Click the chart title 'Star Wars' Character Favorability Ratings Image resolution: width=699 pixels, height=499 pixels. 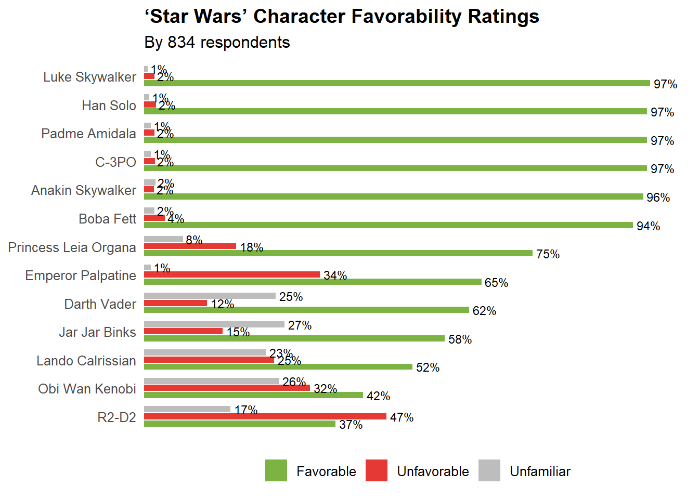pyautogui.click(x=342, y=17)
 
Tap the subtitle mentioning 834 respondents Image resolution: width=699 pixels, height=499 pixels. pyautogui.click(x=217, y=43)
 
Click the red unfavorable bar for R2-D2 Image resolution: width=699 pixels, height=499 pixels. pyautogui.click(x=265, y=416)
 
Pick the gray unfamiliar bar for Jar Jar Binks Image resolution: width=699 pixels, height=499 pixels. pyautogui.click(x=214, y=324)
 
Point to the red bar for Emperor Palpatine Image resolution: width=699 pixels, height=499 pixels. pyautogui.click(x=232, y=274)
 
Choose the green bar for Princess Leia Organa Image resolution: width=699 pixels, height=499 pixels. pyautogui.click(x=338, y=253)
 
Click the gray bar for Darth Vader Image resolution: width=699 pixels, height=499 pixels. pyautogui.click(x=210, y=296)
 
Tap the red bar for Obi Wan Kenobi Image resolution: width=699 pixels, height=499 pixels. pyautogui.click(x=227, y=388)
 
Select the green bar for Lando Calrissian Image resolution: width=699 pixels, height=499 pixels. pyautogui.click(x=278, y=367)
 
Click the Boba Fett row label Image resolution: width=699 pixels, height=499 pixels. pyautogui.click(x=107, y=219)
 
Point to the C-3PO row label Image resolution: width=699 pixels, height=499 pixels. pyautogui.click(x=115, y=162)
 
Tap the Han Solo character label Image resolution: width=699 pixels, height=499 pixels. pyautogui.click(x=109, y=106)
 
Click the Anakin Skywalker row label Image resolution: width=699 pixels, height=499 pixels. pyautogui.click(x=84, y=190)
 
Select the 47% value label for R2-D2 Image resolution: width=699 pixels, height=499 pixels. pyautogui.click(x=402, y=417)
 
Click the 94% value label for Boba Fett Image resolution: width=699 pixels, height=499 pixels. pyautogui.click(x=648, y=226)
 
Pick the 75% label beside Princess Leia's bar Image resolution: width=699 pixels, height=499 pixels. pyautogui.click(x=548, y=254)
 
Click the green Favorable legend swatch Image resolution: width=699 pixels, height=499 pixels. pyautogui.click(x=276, y=470)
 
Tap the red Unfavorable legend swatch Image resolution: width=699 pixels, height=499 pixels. pyautogui.click(x=377, y=470)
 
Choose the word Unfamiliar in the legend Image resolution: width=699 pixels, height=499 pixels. pyautogui.click(x=540, y=471)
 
